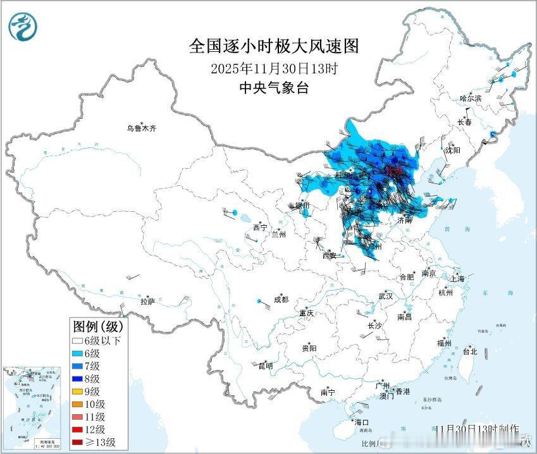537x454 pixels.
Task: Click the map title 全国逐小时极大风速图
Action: point(274,46)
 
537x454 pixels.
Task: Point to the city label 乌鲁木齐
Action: point(140,128)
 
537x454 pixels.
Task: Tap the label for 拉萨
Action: point(147,302)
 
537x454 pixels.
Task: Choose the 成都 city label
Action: point(281,300)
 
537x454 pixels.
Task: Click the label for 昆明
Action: point(266,365)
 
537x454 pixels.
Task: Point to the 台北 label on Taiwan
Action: point(470,352)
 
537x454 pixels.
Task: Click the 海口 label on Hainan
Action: point(361,422)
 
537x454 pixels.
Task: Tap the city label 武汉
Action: point(385,296)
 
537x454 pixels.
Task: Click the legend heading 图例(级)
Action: point(98,327)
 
